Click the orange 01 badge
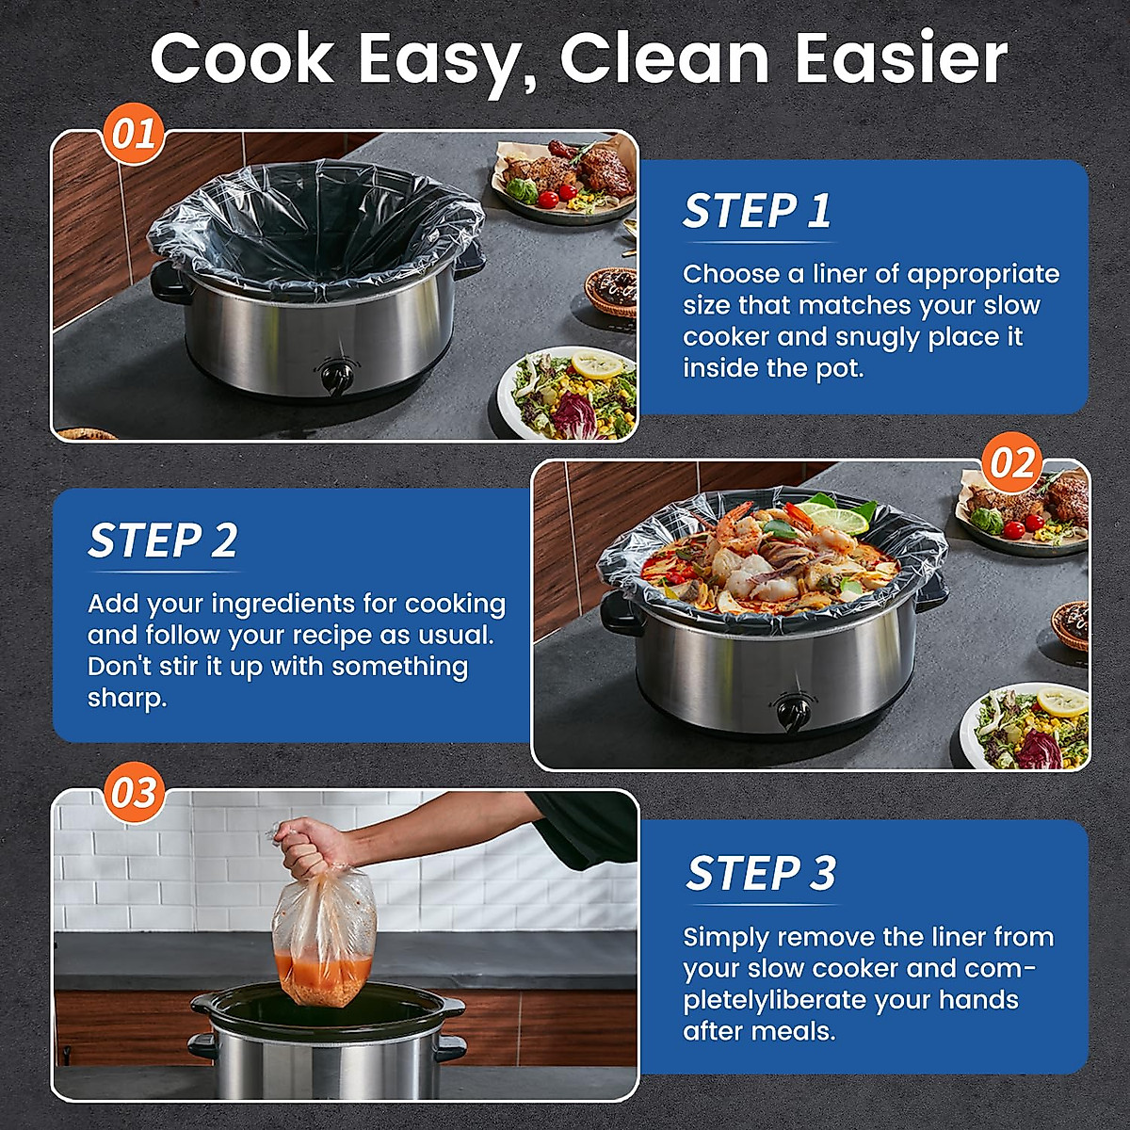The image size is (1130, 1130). pos(133,134)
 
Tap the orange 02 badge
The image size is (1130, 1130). pos(1012,463)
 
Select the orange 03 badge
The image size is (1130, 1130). pos(133,793)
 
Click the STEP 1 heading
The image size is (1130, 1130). pos(757,211)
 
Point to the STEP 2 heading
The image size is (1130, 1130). pos(163,541)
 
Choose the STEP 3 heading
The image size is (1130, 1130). pos(761,873)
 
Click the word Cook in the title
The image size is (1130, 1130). pos(241,58)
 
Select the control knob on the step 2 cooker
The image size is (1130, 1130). pos(790,708)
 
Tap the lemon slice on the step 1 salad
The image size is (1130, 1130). pos(597,364)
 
